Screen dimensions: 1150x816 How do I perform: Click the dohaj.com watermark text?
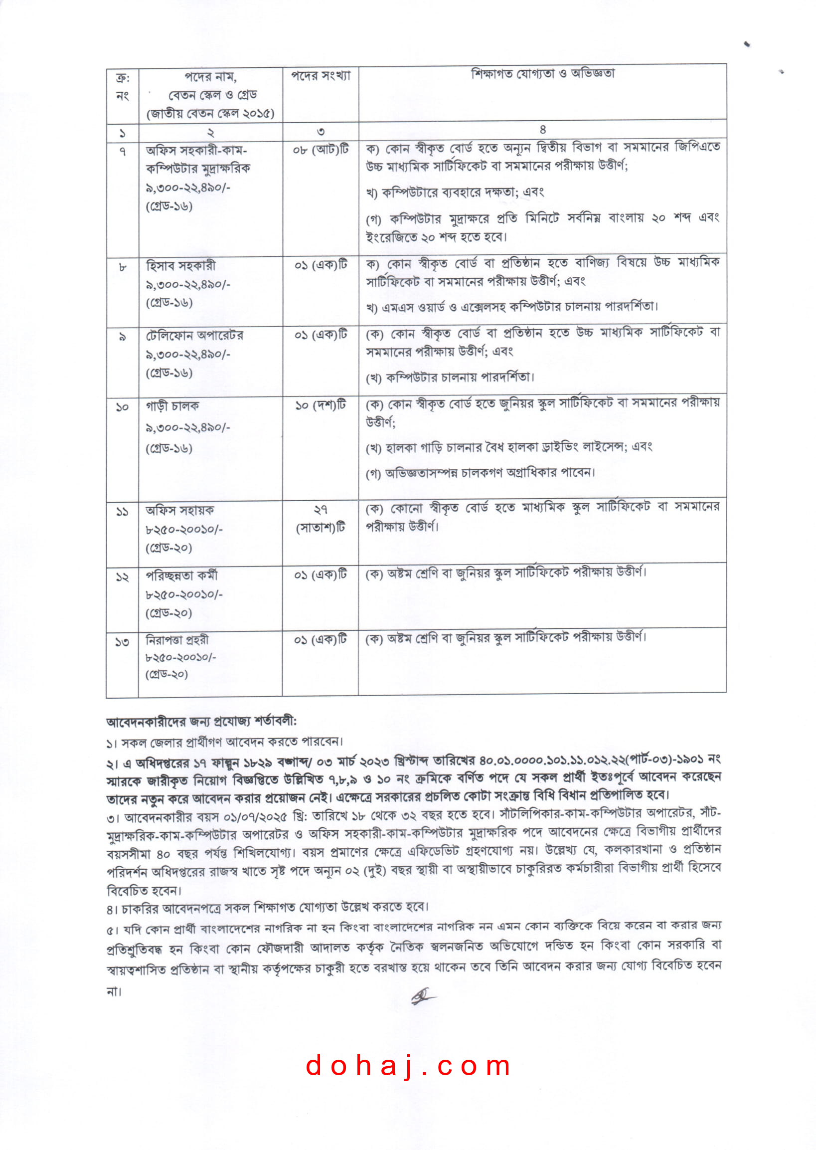point(407,1066)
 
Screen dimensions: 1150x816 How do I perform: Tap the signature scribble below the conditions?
point(423,996)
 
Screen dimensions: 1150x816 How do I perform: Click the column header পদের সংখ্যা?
point(321,76)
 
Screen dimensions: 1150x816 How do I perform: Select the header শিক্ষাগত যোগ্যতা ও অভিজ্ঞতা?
point(542,74)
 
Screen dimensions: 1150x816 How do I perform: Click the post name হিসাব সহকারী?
point(180,265)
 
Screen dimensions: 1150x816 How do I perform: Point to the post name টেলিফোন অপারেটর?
point(194,335)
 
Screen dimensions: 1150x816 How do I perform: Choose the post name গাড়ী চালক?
point(172,405)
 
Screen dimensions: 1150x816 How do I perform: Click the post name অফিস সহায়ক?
point(179,511)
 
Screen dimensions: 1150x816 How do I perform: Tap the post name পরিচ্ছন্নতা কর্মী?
point(181,575)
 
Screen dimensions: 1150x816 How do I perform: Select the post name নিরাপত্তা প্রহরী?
point(177,640)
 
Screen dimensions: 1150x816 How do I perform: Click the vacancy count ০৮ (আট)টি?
point(321,150)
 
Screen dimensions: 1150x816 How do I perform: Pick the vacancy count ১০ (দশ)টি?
point(321,405)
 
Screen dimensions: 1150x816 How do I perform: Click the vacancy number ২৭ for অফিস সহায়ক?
point(321,510)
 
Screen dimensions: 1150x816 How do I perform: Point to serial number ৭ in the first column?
point(122,151)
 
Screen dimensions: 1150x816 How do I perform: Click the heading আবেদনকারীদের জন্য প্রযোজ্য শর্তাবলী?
point(201,722)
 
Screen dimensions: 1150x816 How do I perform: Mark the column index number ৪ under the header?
point(543,130)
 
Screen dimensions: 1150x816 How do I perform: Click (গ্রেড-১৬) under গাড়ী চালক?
point(169,448)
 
